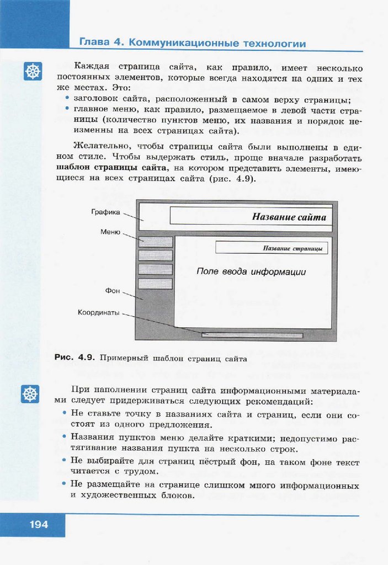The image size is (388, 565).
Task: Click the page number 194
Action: coord(39,524)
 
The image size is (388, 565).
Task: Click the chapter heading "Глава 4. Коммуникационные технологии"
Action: coord(192,43)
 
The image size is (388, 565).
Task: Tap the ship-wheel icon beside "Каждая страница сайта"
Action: coord(33,71)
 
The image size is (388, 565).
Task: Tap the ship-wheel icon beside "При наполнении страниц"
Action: coord(30,393)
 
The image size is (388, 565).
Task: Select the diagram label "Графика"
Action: coord(104,212)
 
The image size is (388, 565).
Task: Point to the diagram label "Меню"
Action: coord(110,232)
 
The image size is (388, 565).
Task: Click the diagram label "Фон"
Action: coord(113,290)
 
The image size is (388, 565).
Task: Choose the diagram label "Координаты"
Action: coord(99,312)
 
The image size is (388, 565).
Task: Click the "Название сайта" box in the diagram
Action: coord(251,216)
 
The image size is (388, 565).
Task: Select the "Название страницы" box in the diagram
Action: coord(272,248)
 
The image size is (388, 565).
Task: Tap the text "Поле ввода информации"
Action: coord(251,271)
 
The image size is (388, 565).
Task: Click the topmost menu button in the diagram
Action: coord(155,242)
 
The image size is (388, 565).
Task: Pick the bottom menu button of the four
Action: coord(155,284)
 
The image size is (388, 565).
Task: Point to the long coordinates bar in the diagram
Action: coord(252,335)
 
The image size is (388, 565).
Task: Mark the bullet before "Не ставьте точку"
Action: coord(65,413)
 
